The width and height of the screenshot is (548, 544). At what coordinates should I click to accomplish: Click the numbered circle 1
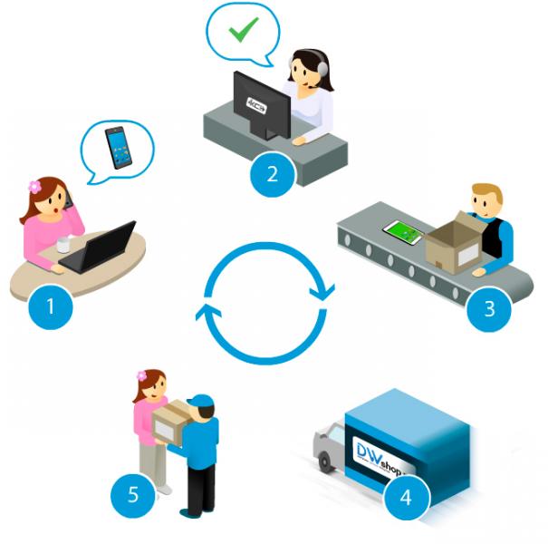click(50, 306)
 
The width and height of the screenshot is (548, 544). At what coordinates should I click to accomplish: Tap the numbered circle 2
click(272, 173)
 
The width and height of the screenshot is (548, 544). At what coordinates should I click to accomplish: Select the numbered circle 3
click(490, 307)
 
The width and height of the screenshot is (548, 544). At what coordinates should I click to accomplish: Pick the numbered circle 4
click(405, 496)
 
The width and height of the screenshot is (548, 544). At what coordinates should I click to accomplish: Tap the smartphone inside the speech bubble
click(117, 147)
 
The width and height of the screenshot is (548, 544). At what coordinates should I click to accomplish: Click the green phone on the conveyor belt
click(403, 232)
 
